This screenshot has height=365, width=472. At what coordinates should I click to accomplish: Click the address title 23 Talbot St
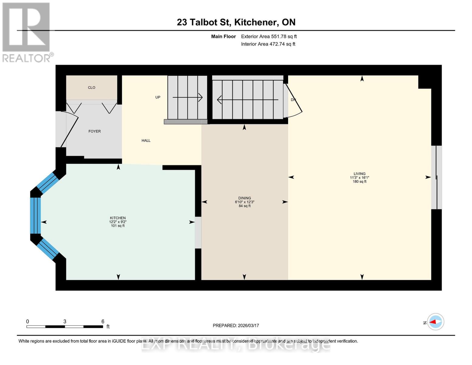click(x=236, y=22)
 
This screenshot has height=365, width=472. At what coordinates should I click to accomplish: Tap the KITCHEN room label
click(x=118, y=218)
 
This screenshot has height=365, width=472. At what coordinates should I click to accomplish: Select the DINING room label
click(x=245, y=198)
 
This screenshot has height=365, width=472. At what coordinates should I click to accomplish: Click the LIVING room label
click(x=360, y=174)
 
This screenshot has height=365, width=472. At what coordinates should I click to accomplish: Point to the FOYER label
click(x=95, y=131)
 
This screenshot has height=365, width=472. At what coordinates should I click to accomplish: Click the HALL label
click(x=146, y=141)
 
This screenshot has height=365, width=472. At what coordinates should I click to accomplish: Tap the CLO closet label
click(x=91, y=88)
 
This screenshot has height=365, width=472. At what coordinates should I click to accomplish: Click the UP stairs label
click(x=158, y=97)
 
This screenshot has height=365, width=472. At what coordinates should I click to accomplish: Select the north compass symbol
click(x=436, y=322)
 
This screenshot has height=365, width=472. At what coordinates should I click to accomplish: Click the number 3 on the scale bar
click(x=65, y=322)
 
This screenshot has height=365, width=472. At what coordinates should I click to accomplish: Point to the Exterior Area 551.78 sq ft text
click(x=269, y=36)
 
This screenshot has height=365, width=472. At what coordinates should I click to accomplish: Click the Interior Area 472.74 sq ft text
click(x=268, y=44)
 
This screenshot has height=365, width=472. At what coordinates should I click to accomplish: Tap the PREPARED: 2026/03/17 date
click(x=236, y=325)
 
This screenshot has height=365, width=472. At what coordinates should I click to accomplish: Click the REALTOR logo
click(x=27, y=32)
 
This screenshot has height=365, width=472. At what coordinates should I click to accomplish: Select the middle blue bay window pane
click(x=36, y=216)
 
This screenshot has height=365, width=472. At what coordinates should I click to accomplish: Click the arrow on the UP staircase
click(x=188, y=97)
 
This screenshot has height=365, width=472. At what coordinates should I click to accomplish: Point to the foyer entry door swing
click(x=70, y=129)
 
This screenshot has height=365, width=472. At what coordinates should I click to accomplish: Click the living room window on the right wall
click(x=437, y=177)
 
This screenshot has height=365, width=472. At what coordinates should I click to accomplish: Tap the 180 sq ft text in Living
click(x=360, y=182)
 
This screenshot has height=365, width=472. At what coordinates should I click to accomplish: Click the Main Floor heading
click(x=223, y=36)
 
